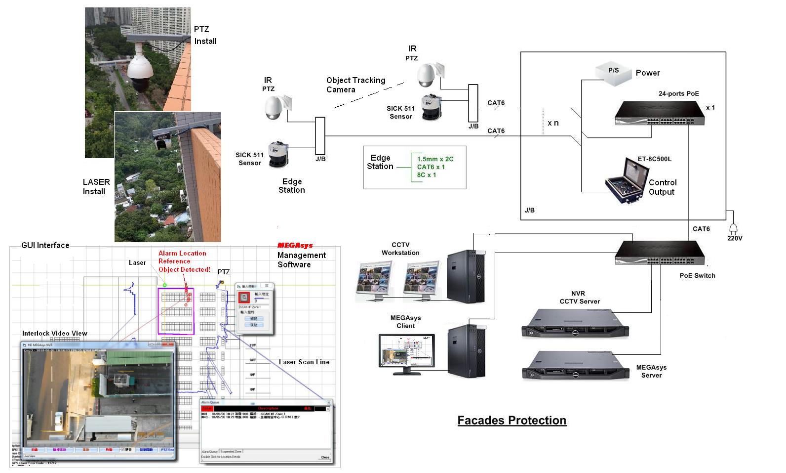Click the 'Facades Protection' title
coord(511,421)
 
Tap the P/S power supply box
coord(614,73)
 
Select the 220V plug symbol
coord(734,228)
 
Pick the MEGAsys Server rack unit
coord(576,366)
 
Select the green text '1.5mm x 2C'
coord(435,159)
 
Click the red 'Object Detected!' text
coord(184,269)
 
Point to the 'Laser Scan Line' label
coord(304,362)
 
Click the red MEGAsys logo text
coord(295,246)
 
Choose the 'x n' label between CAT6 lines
coord(553,123)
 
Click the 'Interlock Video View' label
coord(54,333)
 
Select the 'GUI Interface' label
coord(45,246)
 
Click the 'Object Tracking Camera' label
coord(355,85)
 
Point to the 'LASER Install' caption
coord(96,186)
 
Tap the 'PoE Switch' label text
coord(697,275)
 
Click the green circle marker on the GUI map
coord(165,285)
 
